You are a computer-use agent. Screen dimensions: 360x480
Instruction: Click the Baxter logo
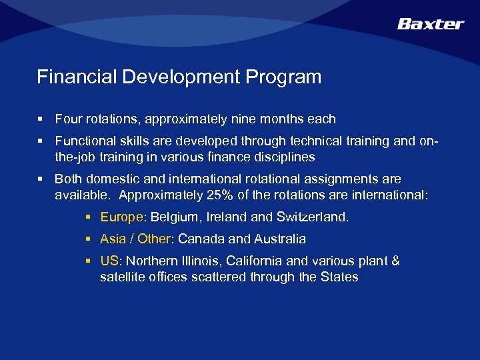click(430, 24)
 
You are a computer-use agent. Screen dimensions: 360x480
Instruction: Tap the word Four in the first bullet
click(67, 119)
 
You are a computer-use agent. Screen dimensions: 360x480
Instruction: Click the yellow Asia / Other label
click(136, 239)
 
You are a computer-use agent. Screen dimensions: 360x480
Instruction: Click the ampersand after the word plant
click(395, 261)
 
